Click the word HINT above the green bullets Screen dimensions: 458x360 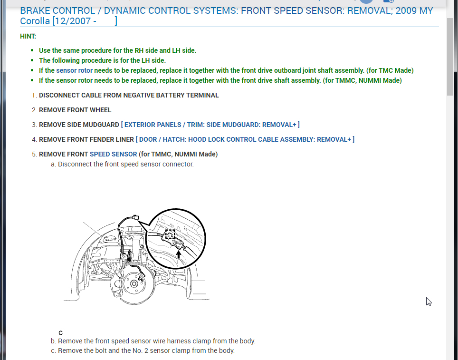coord(28,36)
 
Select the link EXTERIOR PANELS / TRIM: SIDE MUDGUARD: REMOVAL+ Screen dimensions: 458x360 coord(210,125)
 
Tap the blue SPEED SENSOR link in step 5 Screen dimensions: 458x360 coord(113,154)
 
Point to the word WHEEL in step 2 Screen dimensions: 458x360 coord(100,110)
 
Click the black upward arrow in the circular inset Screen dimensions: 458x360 coord(179,254)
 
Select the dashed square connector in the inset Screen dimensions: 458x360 coord(170,234)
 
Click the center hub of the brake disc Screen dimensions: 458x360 coord(134,284)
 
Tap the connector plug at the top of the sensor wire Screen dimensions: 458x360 coord(136,217)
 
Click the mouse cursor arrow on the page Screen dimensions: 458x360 coord(429,302)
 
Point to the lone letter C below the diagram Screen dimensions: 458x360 coord(60,333)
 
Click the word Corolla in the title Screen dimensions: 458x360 coord(35,21)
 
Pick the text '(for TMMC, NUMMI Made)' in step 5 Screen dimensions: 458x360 coord(178,154)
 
